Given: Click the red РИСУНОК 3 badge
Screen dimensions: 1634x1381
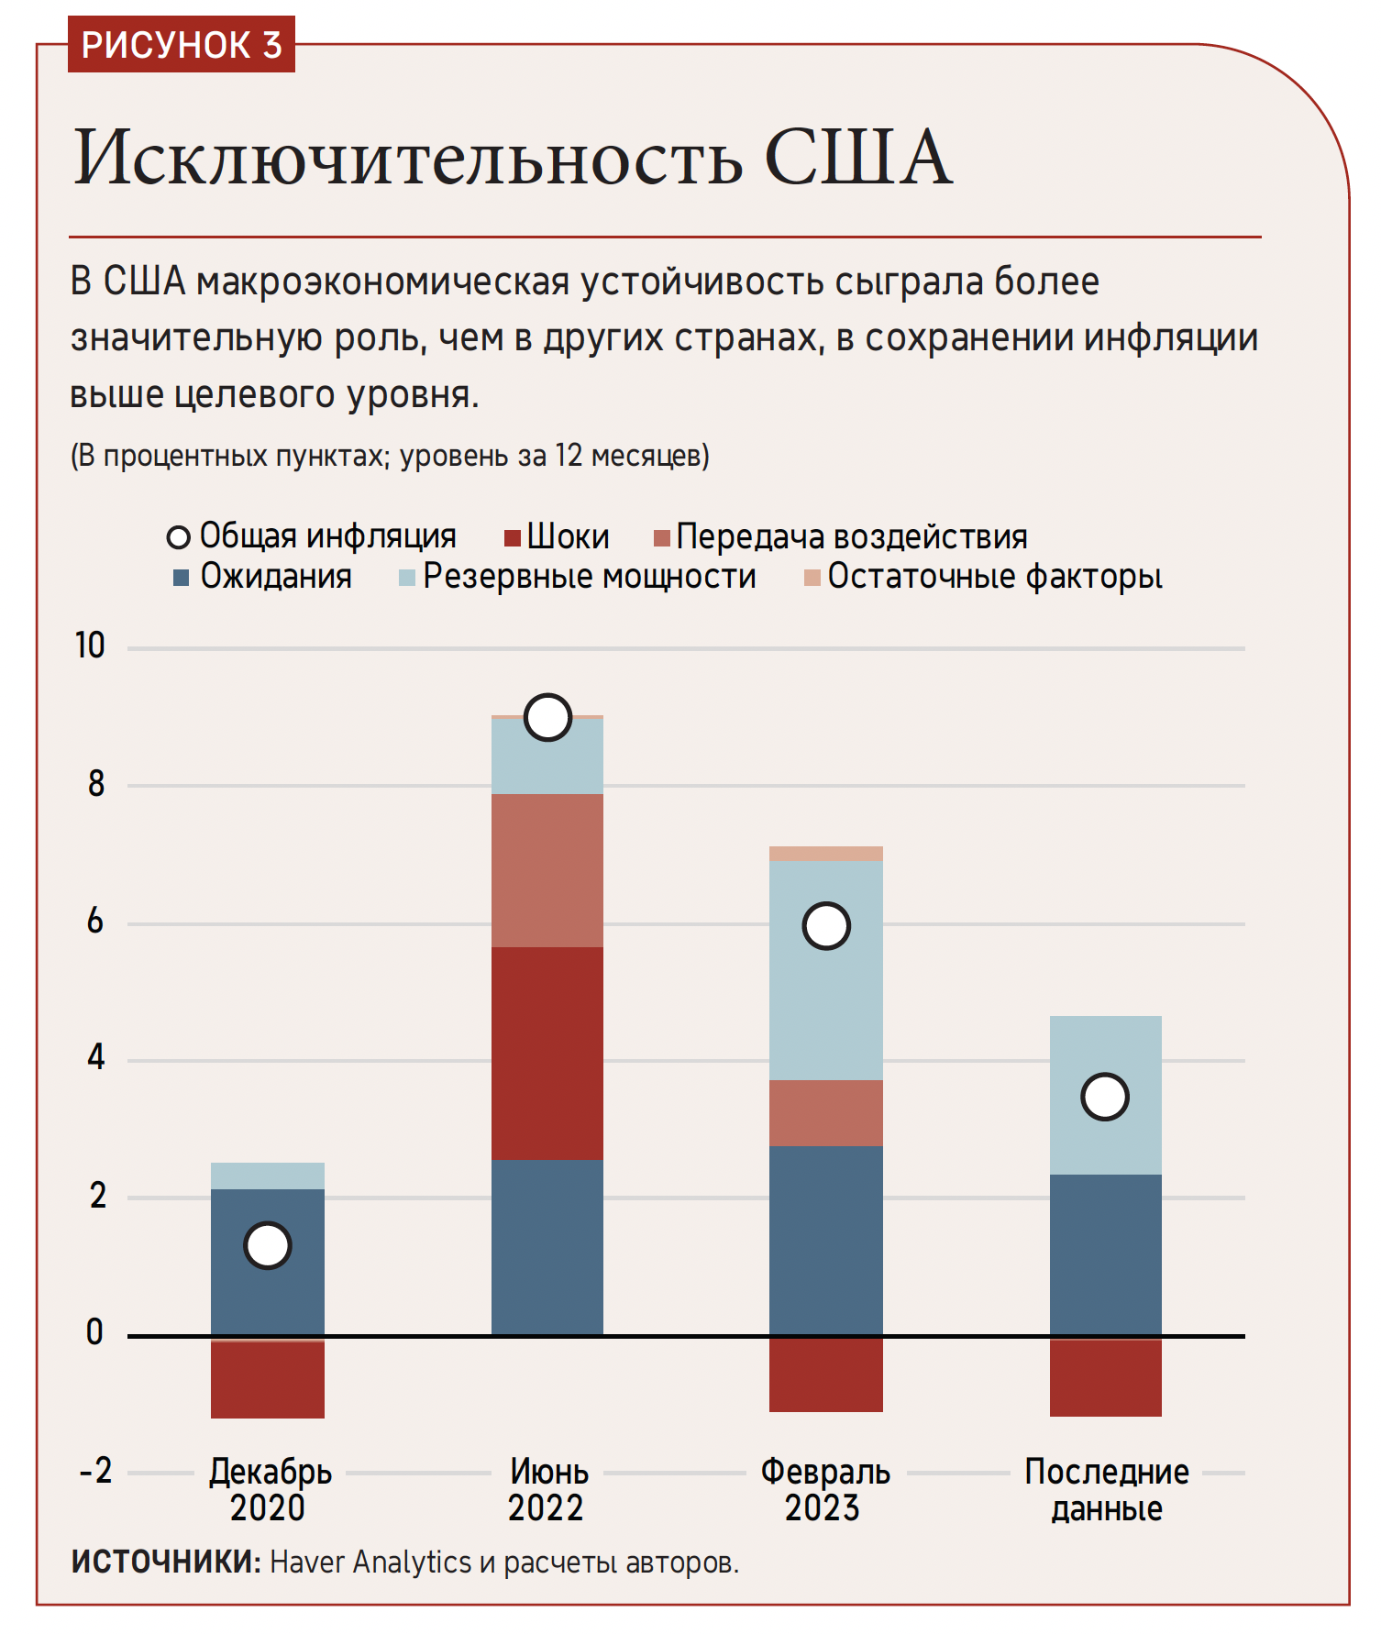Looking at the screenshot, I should coord(182,45).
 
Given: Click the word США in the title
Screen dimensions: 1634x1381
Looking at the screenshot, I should coord(857,158).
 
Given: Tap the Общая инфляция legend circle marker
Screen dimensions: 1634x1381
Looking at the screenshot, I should coord(178,537).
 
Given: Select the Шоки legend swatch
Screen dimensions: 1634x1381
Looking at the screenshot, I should coord(513,537).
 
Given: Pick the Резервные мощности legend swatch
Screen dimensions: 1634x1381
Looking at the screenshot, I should coord(407,578).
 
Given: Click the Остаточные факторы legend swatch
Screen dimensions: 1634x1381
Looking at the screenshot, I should coord(812,578).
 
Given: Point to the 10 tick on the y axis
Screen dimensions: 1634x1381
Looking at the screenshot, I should coord(90,646).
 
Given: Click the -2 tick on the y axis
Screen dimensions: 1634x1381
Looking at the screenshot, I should coord(95,1472).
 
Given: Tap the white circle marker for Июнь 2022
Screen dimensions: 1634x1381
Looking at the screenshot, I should coord(547,717).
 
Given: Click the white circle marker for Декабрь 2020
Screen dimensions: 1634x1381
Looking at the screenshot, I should coord(268,1245).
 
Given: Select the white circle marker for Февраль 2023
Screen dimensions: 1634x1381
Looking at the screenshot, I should coord(826,926).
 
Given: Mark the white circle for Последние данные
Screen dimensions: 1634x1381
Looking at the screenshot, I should coord(1105,1097).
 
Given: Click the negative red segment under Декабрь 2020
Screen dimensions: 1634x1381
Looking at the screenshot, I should coord(268,1380).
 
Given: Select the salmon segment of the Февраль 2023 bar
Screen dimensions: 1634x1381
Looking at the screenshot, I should coord(826,1112).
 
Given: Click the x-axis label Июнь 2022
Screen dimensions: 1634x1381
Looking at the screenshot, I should coord(547,1490).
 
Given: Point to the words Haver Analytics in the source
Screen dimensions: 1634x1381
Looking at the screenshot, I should coord(370,1562).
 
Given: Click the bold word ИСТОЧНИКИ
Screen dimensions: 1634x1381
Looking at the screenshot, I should coord(166,1562).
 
